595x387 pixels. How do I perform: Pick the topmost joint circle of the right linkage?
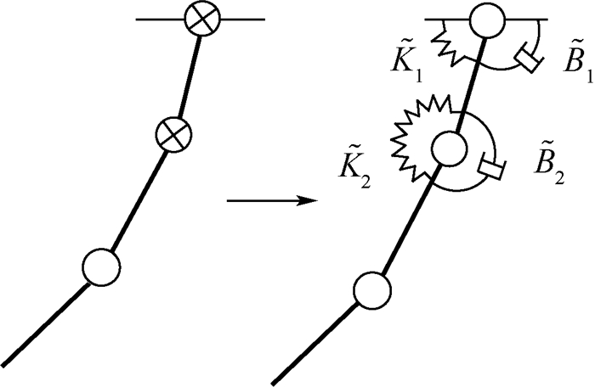pos(484,20)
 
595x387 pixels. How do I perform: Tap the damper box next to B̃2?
pos(492,169)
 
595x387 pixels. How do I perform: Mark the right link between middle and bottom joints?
pos(410,219)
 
